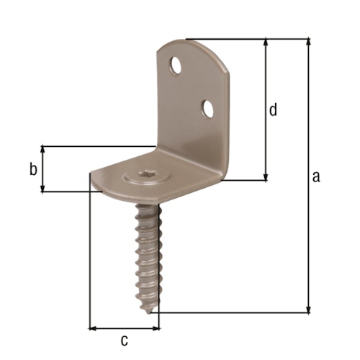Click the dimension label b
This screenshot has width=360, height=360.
32,170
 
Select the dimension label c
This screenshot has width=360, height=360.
124,339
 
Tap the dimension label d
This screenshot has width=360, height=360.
273,109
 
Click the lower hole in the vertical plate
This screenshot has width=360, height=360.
208,109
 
